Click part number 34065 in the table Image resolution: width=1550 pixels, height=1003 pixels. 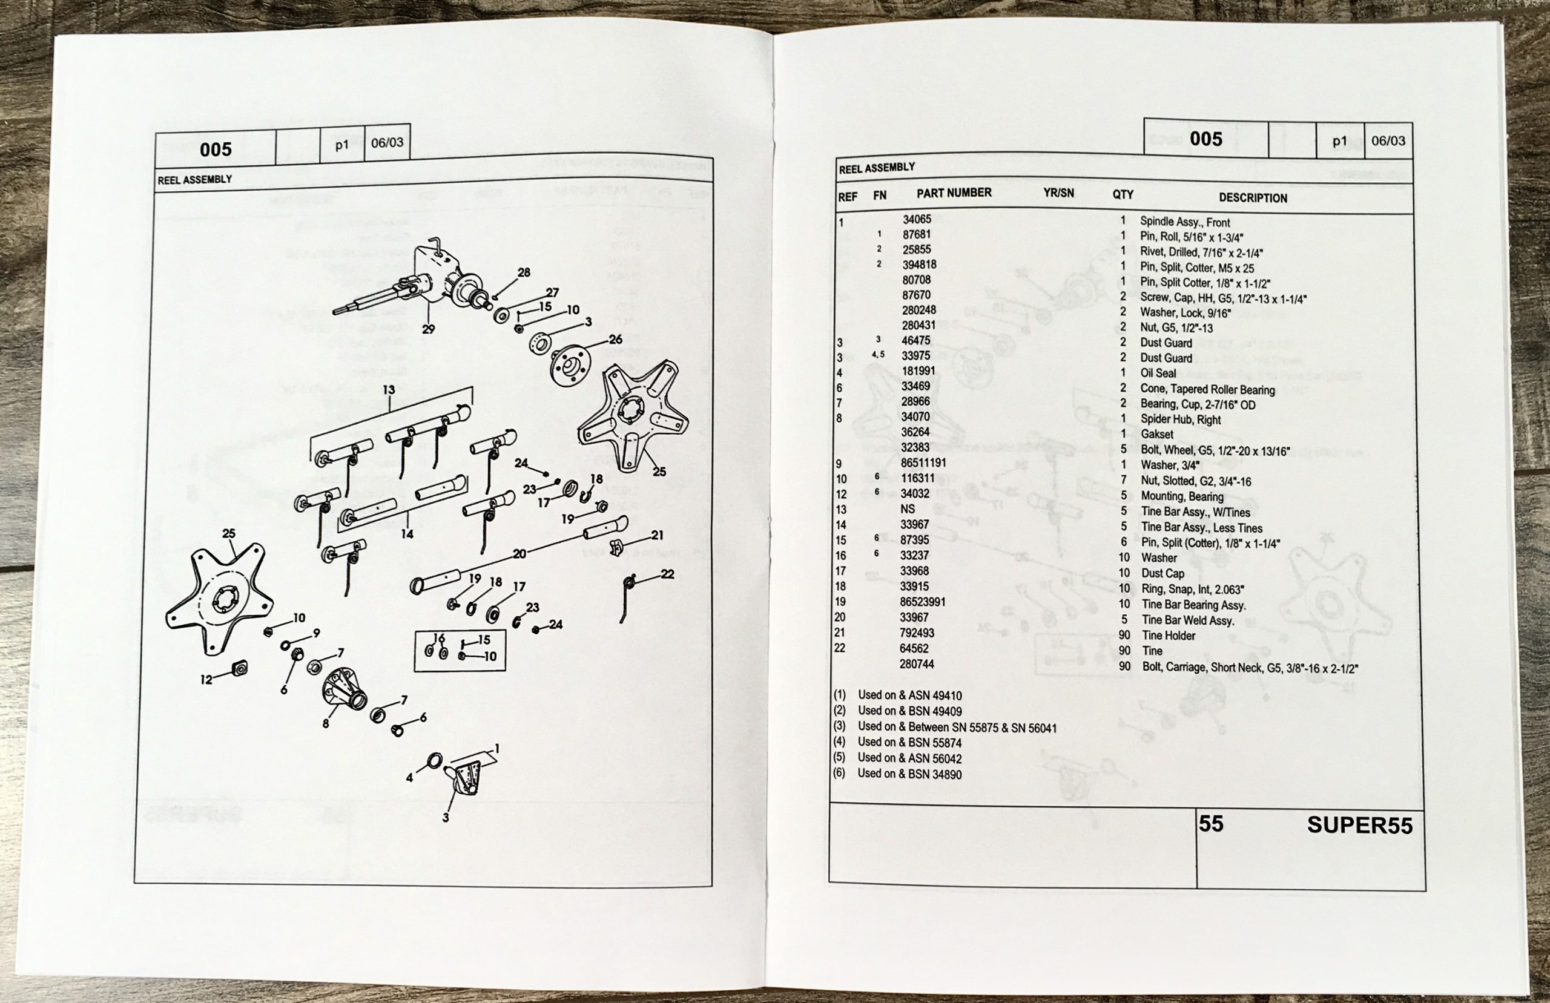tap(916, 220)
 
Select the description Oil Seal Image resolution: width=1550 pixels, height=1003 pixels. tap(1157, 373)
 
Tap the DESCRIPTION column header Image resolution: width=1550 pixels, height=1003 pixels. tap(1252, 198)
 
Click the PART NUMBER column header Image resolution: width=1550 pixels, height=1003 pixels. tap(954, 192)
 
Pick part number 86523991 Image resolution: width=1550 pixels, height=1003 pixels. tap(922, 602)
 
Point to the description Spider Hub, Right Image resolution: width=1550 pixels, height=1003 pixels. tap(1180, 419)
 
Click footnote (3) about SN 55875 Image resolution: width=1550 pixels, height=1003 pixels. tap(956, 727)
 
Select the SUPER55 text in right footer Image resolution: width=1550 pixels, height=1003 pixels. tap(1359, 826)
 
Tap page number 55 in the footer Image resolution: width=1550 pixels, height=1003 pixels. tap(1211, 824)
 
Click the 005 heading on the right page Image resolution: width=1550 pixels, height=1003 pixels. tap(1205, 139)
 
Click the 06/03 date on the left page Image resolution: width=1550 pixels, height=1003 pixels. tap(387, 143)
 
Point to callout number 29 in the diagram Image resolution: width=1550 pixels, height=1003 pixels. tap(428, 329)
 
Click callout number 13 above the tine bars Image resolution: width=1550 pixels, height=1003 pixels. tap(388, 389)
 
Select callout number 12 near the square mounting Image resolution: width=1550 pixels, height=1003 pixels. tap(206, 680)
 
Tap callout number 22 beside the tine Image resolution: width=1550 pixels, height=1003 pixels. tap(667, 574)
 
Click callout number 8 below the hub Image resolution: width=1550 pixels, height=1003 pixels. tap(325, 723)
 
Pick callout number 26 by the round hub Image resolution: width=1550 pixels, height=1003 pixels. tap(615, 340)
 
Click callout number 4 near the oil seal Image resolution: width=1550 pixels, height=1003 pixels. tap(409, 778)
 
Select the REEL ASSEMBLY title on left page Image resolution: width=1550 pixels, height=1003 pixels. tap(195, 180)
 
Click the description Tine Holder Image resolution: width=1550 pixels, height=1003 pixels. tap(1169, 636)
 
